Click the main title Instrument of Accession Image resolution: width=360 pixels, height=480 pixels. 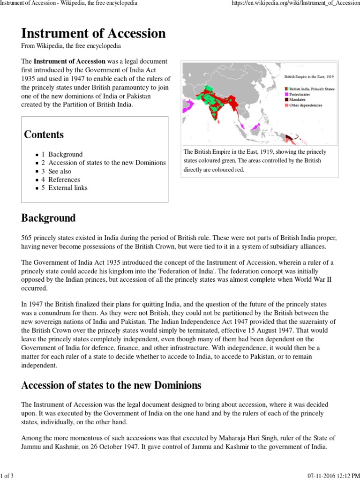point(93,33)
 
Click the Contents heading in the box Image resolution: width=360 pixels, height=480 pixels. point(44,135)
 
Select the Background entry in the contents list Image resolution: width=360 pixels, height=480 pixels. point(65,154)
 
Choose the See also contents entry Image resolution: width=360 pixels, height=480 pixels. point(60,171)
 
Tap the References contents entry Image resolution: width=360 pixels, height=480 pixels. point(64,180)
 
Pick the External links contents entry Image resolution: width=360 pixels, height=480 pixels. point(67,188)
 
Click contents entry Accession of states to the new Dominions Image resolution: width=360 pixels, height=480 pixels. point(107,163)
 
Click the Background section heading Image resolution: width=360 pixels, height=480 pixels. point(48,218)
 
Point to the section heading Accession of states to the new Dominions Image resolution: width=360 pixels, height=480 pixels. point(111,385)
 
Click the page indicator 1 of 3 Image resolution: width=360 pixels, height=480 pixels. point(7,476)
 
